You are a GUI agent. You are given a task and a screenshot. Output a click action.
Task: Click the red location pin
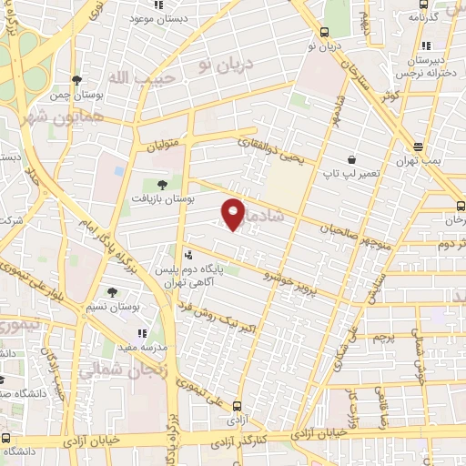coord(234,214)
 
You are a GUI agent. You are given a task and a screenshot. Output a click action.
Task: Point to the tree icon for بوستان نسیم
coord(112,292)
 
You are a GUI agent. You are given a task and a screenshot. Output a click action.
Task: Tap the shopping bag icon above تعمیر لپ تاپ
coord(351,159)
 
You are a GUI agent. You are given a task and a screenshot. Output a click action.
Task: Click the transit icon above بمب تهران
coord(418,147)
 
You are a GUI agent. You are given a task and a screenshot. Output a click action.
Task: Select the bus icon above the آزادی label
coord(238,407)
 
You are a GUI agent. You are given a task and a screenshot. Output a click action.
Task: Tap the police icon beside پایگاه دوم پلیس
coord(187,254)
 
